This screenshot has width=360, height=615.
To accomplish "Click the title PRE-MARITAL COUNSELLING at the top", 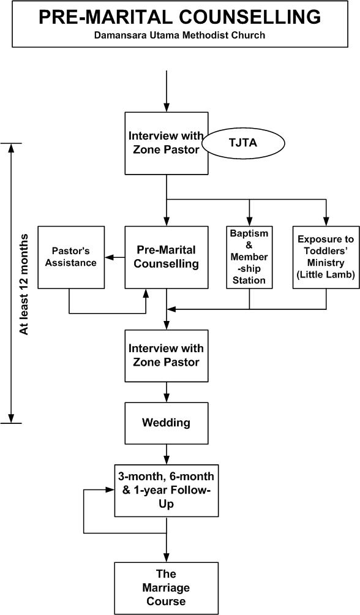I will point(179,17).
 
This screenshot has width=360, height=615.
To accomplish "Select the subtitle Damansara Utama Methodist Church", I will point(179,36).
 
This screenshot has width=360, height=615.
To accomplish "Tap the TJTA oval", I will point(247,142).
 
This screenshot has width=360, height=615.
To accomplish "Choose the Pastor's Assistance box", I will point(73,257).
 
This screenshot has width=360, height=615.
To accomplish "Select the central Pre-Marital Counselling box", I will point(167,257).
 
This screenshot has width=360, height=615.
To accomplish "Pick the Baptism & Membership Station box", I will point(249,257).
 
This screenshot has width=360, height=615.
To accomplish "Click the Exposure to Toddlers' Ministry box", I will point(325,257).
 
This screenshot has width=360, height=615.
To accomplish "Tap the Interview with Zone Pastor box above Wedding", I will point(167,355).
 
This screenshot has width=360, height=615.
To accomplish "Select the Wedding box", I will point(167,423).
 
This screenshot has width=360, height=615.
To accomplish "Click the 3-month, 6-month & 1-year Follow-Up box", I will point(167,490).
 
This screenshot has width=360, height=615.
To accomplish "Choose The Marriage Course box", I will point(167,587).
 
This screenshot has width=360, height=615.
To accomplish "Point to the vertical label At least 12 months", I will point(24,284).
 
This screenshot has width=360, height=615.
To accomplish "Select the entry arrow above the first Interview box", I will point(167,92).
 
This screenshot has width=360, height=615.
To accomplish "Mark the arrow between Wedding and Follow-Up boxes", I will point(167,455).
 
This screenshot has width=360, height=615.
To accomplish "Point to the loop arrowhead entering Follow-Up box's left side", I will point(111,490).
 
